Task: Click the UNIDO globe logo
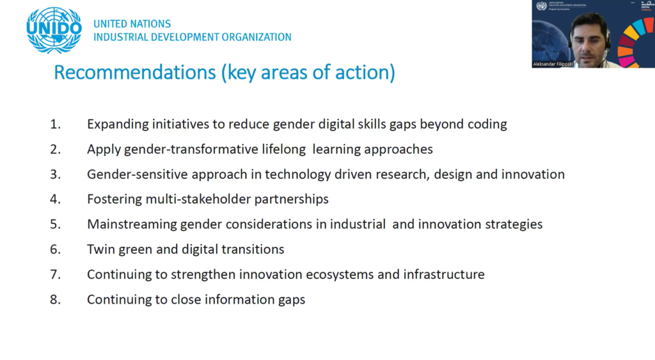point(54,30)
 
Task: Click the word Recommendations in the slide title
point(135,72)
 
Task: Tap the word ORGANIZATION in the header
point(256,37)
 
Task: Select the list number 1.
point(55,124)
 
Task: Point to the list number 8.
point(55,299)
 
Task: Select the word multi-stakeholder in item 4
point(198,200)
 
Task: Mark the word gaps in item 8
point(292,300)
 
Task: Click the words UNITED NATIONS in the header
point(132,24)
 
